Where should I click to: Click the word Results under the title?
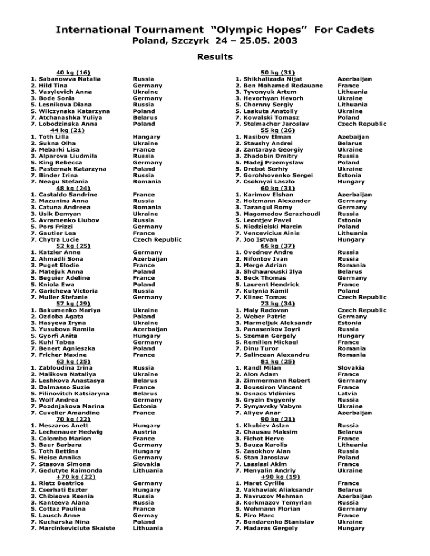point(214,56)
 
